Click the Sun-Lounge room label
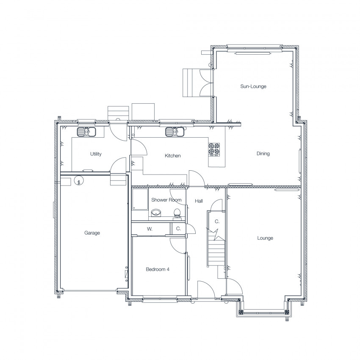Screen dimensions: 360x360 (253, 86)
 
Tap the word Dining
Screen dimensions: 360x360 (263, 153)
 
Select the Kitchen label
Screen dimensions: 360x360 (173, 156)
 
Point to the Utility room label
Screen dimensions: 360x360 (96, 154)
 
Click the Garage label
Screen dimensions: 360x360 (92, 233)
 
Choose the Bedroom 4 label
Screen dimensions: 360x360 (158, 269)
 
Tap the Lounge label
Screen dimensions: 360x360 (265, 238)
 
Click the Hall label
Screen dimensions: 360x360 (199, 201)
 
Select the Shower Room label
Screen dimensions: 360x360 (166, 200)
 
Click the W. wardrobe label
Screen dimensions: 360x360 (150, 229)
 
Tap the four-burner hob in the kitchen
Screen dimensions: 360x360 (214, 150)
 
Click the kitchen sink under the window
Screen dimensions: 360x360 (175, 132)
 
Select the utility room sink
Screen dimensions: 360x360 (86, 132)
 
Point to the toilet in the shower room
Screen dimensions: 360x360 (177, 213)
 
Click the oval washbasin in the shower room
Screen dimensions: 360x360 (156, 213)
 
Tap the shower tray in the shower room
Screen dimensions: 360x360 (140, 199)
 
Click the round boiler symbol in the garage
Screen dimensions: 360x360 (79, 180)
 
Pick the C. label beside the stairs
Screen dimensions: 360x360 (217, 222)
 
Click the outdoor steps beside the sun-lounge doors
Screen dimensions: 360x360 (191, 83)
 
